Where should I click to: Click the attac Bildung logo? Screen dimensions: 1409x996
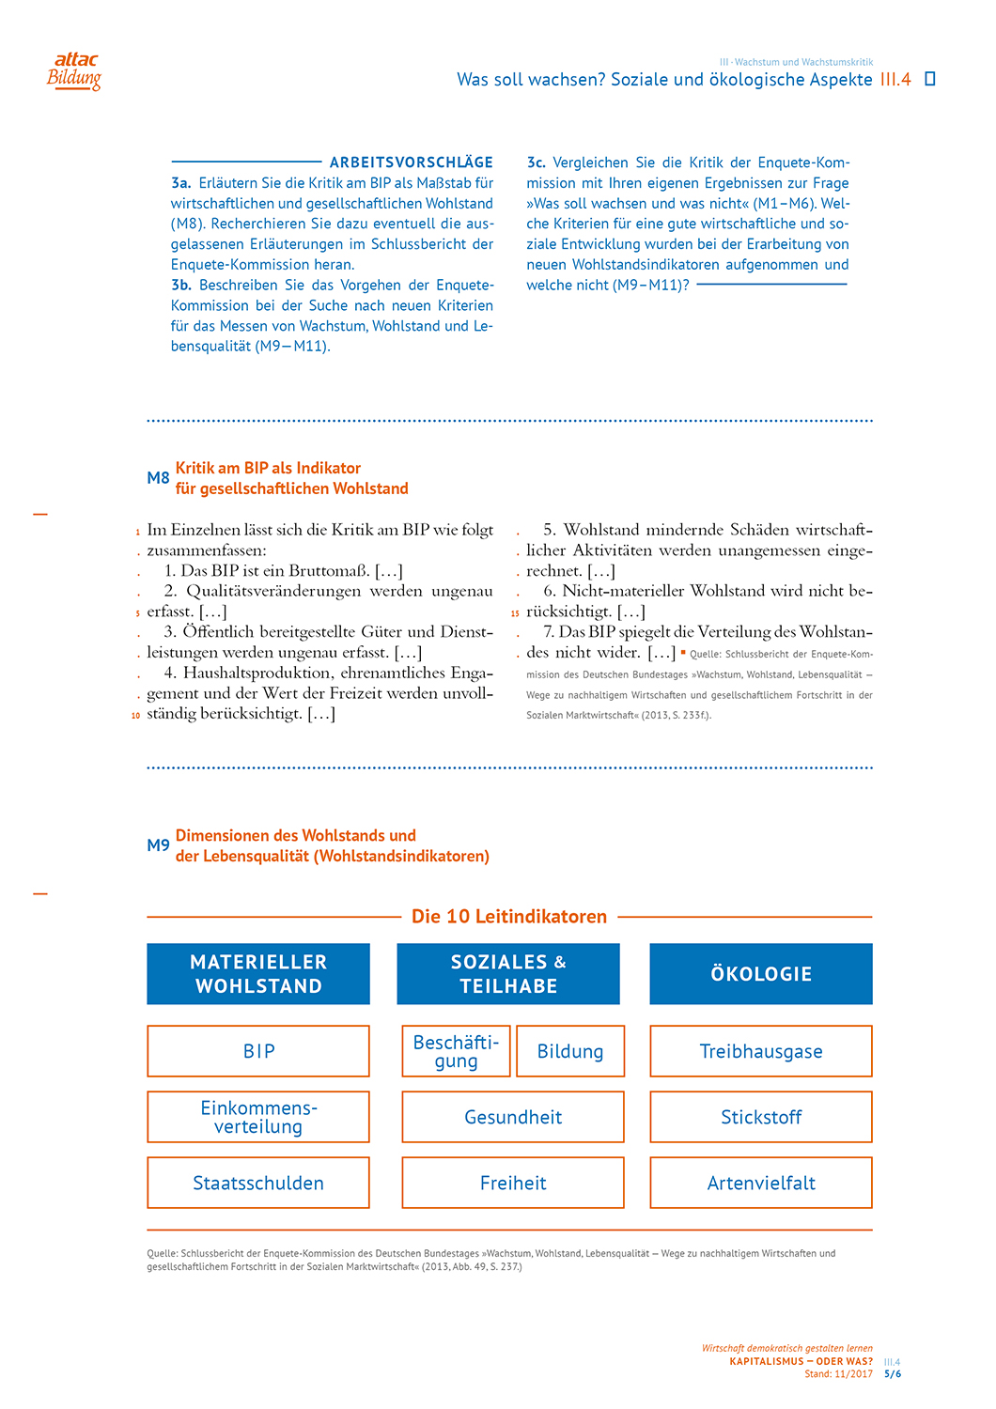tap(74, 71)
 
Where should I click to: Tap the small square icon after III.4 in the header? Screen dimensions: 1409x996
tap(930, 79)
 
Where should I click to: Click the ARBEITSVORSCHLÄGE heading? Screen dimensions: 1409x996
tap(411, 163)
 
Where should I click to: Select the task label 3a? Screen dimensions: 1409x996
tap(181, 183)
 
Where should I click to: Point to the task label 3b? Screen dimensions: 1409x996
tap(181, 285)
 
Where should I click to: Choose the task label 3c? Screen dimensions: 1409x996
tap(537, 163)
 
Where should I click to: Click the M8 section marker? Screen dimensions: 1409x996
tap(158, 478)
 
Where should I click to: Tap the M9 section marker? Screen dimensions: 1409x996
tap(158, 845)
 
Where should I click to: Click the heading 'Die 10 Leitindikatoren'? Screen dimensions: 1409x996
tap(509, 917)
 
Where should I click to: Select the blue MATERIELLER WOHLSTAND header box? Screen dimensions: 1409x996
tap(258, 974)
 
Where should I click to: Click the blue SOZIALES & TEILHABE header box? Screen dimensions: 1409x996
tap(508, 974)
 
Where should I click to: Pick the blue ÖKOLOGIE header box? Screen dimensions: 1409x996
tap(761, 974)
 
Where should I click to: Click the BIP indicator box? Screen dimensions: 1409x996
tap(258, 1051)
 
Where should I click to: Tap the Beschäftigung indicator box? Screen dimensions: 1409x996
tap(456, 1051)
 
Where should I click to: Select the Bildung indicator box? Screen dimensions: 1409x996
tap(570, 1051)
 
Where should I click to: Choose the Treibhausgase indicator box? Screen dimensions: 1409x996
tap(761, 1051)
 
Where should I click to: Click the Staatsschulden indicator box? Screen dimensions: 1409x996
tap(258, 1183)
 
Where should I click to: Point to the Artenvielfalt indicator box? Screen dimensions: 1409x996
tap(761, 1183)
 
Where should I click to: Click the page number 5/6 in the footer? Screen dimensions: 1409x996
tap(892, 1374)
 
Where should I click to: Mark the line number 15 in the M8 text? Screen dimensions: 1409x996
tap(515, 613)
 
